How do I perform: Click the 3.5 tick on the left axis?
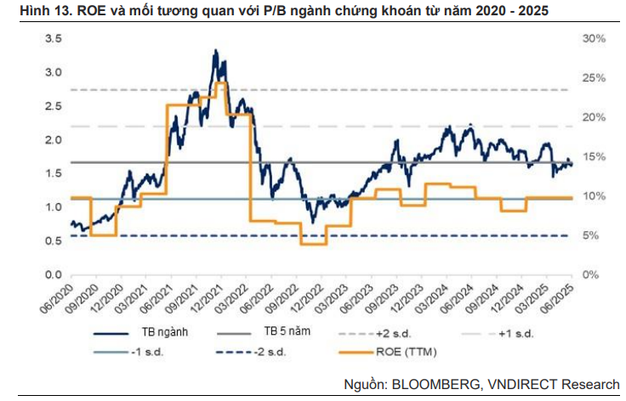[52, 39]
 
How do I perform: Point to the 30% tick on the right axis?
[594, 39]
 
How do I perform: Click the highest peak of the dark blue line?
[216, 51]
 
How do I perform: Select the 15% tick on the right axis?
[594, 157]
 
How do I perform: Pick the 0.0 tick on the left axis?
[52, 275]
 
